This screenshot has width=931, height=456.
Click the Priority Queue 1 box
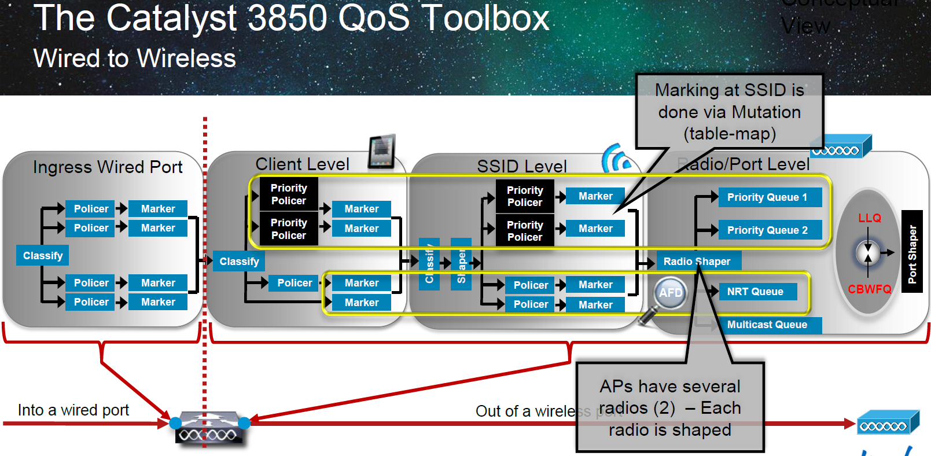click(x=770, y=197)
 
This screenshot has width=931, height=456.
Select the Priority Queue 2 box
click(x=770, y=230)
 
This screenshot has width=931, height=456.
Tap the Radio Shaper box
click(x=698, y=262)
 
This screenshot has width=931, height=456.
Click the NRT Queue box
click(x=757, y=292)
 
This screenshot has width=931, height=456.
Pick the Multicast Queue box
click(x=768, y=325)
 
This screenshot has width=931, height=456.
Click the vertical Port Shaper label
click(x=912, y=252)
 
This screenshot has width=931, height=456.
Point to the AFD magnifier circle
click(x=671, y=293)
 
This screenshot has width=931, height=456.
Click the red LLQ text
click(x=870, y=218)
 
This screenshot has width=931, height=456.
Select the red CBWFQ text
click(x=870, y=289)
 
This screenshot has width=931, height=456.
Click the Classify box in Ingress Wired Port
click(x=43, y=256)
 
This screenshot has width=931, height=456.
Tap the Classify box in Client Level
click(x=239, y=262)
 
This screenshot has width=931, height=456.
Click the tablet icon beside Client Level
click(x=382, y=152)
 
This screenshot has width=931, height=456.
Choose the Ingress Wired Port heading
click(x=108, y=167)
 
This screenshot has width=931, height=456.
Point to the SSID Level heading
click(x=522, y=167)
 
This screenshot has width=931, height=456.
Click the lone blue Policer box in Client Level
click(x=294, y=283)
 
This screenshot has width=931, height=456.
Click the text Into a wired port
click(x=73, y=410)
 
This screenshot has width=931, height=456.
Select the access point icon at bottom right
click(x=886, y=423)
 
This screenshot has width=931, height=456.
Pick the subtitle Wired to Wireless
click(x=135, y=58)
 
